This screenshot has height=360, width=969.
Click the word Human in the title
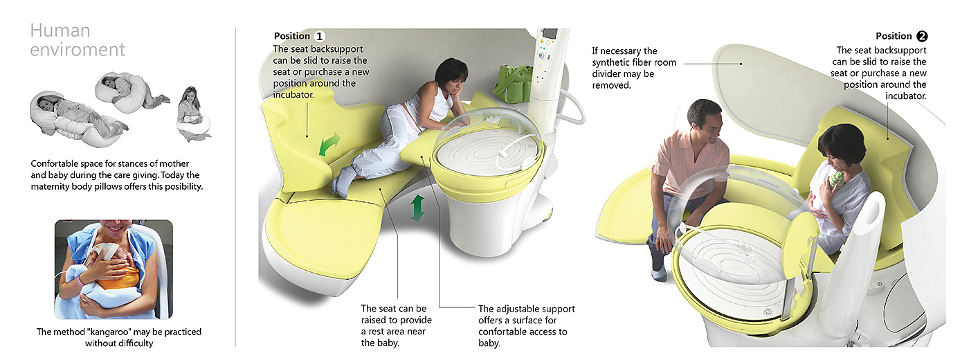pyautogui.click(x=60, y=30)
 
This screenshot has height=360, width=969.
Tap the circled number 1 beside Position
pyautogui.click(x=319, y=36)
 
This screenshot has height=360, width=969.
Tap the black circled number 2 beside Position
pyautogui.click(x=922, y=36)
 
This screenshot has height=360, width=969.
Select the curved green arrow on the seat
pyautogui.click(x=329, y=144)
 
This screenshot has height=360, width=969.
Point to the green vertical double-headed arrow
pyautogui.click(x=417, y=208)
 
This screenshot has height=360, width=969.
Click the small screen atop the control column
pyautogui.click(x=550, y=34)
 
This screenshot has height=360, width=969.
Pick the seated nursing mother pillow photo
pyautogui.click(x=193, y=114)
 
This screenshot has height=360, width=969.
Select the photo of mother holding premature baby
pyautogui.click(x=114, y=269)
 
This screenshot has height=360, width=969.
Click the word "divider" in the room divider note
pyautogui.click(x=608, y=74)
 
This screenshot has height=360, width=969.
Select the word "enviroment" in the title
pyautogui.click(x=78, y=50)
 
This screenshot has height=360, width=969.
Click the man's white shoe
pyautogui.click(x=659, y=275)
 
